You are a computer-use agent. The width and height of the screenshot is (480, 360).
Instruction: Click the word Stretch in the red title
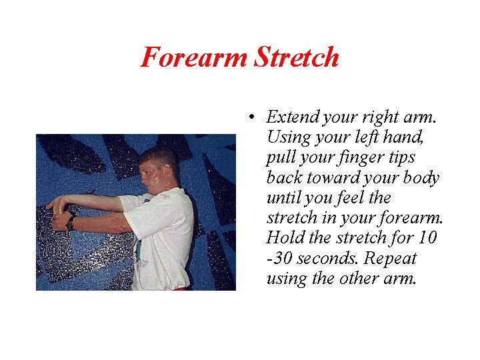coord(297,57)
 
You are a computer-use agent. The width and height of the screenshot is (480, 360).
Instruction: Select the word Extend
coord(291,118)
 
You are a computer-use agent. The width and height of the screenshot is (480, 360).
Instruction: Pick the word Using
coord(286,138)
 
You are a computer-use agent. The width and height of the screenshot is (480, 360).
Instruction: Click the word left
coord(371,138)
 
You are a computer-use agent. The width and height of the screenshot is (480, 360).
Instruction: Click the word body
coord(421,178)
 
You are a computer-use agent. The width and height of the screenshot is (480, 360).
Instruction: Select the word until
coord(283,198)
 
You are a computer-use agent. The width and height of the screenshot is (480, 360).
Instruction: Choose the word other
coord(360,278)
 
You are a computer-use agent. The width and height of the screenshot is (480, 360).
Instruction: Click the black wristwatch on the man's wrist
coord(69,223)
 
